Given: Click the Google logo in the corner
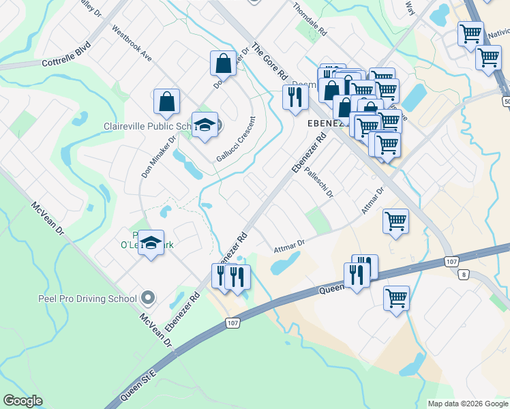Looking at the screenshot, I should [22, 401].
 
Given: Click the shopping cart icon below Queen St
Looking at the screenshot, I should [396, 298].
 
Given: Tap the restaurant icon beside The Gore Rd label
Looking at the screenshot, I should [295, 97].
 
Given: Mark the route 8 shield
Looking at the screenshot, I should [464, 274].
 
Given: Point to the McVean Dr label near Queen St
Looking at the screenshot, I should [156, 328].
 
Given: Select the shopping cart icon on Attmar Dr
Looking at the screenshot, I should [395, 221].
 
